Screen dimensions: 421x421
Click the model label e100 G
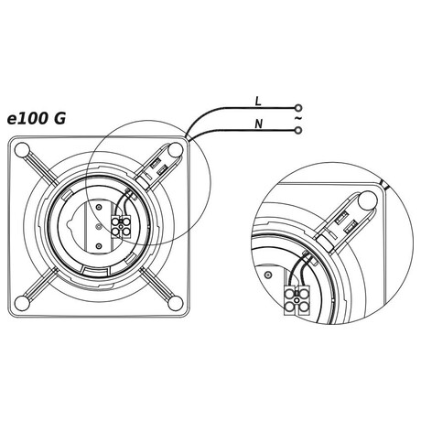click(37, 119)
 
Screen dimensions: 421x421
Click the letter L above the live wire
click(258, 102)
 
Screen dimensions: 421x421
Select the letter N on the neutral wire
click(259, 124)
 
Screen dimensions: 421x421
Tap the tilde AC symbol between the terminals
click(298, 118)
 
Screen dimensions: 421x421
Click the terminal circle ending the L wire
click(298, 108)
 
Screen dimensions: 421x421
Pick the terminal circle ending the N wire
click(298, 131)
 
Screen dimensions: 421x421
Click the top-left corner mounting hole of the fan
click(22, 150)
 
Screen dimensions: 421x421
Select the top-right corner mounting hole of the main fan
click(175, 150)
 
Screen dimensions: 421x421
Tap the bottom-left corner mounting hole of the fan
click(22, 303)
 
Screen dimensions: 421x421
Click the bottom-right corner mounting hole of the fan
click(175, 303)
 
